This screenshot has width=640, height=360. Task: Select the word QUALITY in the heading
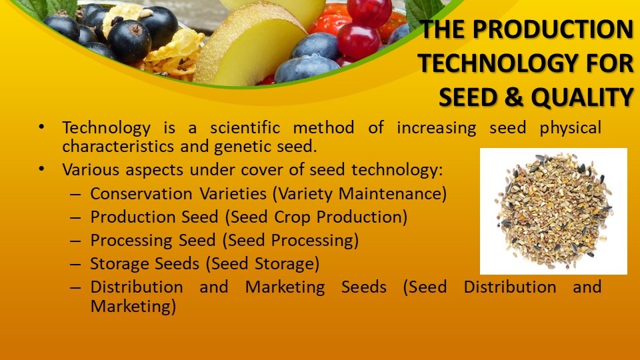pyautogui.click(x=581, y=97)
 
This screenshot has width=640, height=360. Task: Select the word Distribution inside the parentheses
pyautogui.click(x=510, y=287)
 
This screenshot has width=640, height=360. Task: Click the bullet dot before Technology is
pyautogui.click(x=43, y=127)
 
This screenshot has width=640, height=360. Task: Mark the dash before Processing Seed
pyautogui.click(x=76, y=241)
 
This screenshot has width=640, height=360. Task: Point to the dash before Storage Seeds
pyautogui.click(x=76, y=264)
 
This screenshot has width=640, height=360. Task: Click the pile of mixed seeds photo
pyautogui.click(x=553, y=211)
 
